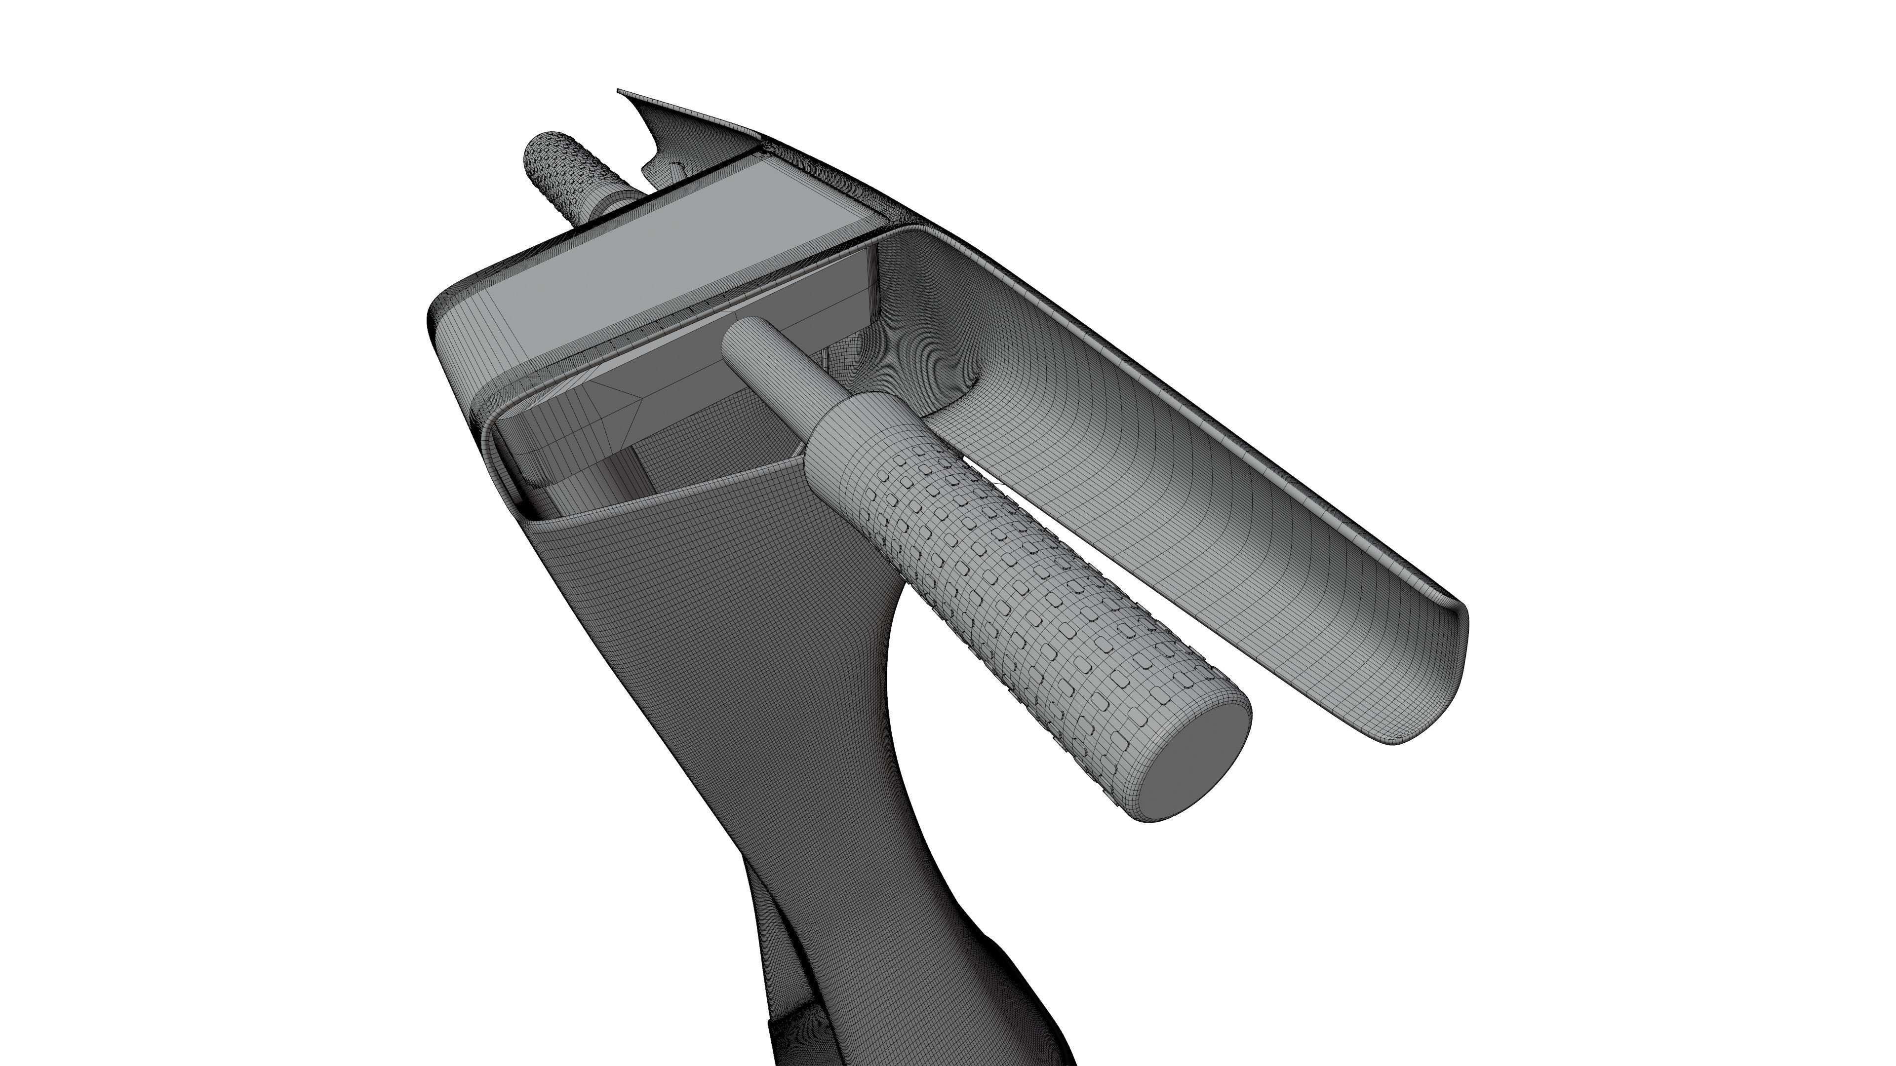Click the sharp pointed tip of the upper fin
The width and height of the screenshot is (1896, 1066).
[620, 92]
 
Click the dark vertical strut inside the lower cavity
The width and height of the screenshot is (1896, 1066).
[626, 471]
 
